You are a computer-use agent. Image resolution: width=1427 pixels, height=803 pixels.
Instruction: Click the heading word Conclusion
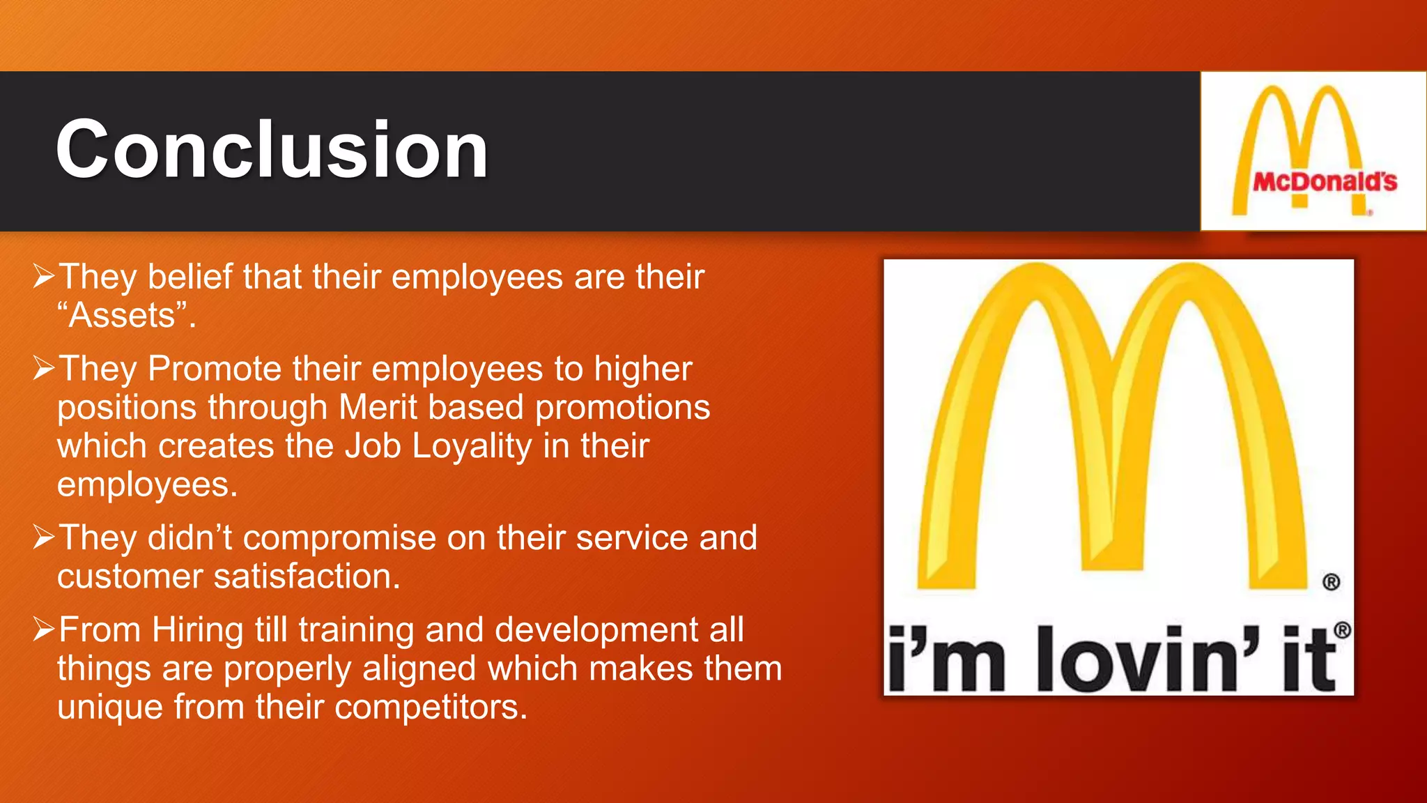272,150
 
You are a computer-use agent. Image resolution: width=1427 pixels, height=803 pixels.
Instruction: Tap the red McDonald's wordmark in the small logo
1325,182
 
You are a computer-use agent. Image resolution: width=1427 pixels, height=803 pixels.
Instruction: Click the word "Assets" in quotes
125,316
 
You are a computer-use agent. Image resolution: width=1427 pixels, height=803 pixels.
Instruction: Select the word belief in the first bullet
190,277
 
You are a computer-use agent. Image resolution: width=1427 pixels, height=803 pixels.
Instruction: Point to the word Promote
214,369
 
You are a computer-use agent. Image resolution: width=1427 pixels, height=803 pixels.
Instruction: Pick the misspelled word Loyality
472,447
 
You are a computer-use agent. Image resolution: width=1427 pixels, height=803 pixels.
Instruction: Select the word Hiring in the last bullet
197,630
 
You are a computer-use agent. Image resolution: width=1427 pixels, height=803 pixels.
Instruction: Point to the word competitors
431,708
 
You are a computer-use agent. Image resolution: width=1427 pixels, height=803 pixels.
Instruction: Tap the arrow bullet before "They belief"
43,277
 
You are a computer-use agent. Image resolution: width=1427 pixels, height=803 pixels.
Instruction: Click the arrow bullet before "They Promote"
43,369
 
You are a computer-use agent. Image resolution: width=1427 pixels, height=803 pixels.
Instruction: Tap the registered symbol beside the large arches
1331,582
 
